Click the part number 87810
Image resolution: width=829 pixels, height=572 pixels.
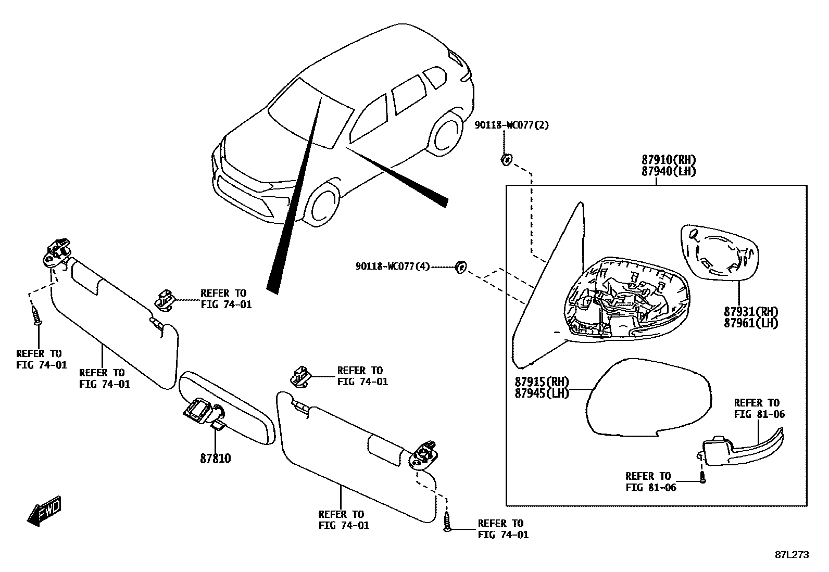pyautogui.click(x=215, y=459)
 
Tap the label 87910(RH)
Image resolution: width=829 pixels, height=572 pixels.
pyautogui.click(x=668, y=160)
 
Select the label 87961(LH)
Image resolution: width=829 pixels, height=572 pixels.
pyautogui.click(x=750, y=323)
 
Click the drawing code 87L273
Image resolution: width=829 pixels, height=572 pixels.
pyautogui.click(x=792, y=555)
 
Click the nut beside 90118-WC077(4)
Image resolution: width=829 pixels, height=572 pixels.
pyautogui.click(x=460, y=267)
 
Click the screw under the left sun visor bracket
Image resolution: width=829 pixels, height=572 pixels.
pyautogui.click(x=37, y=315)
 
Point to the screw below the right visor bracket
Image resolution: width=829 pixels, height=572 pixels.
pyautogui.click(x=447, y=520)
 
